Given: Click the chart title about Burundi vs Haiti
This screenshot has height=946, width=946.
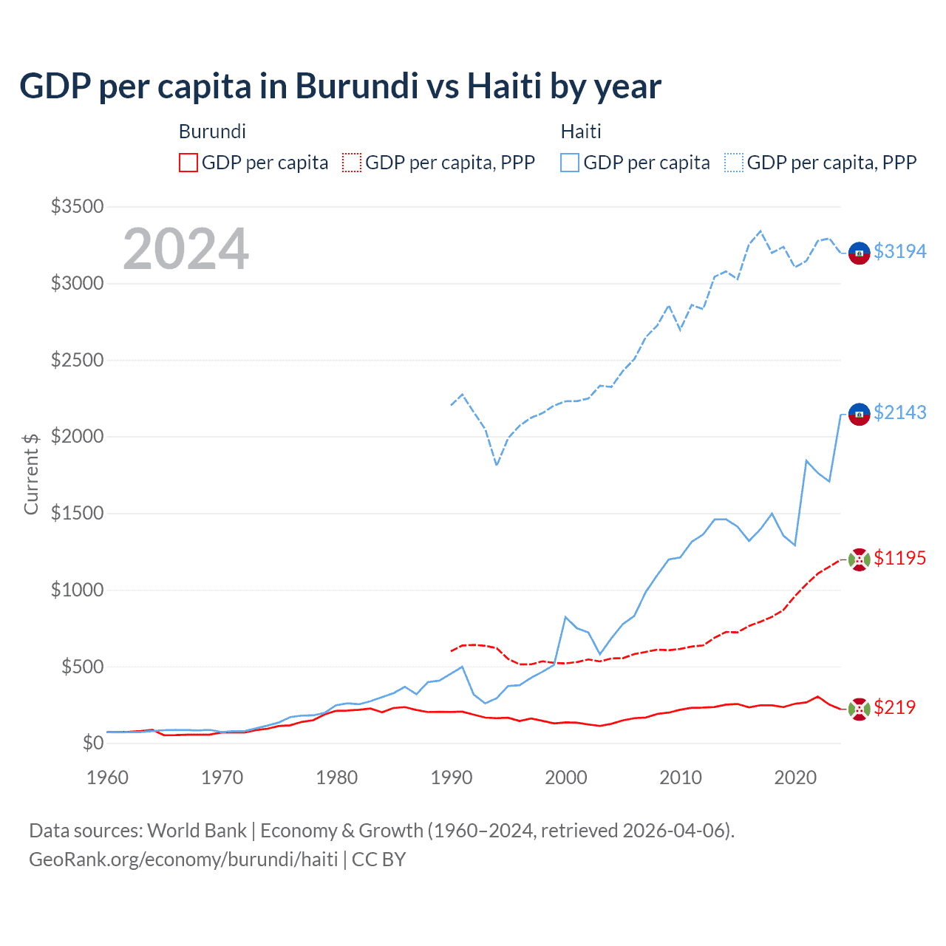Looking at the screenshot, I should click(340, 86).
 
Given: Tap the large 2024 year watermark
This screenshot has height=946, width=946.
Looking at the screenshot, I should click(186, 249).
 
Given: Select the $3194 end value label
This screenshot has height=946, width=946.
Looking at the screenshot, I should click(899, 251).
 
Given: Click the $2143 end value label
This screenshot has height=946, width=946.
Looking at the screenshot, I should click(899, 412).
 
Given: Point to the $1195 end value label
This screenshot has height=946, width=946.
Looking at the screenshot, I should click(899, 558).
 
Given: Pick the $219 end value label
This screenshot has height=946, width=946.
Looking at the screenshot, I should click(894, 707).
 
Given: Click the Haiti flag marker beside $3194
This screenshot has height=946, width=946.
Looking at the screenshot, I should click(859, 253).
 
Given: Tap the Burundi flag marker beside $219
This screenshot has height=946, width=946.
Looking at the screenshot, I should click(859, 709).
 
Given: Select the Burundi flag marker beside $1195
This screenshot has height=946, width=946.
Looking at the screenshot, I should click(859, 559).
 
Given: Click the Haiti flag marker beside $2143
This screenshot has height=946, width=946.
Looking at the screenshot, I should click(859, 414).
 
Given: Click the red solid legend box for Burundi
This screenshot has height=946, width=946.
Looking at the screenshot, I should click(188, 163).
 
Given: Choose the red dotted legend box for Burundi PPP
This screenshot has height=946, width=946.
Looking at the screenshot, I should click(353, 163).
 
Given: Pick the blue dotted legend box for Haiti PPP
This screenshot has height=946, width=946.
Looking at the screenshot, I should click(734, 163).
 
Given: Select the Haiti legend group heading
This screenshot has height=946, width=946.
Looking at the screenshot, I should click(581, 132).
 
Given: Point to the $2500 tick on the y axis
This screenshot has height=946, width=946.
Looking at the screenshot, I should click(77, 360).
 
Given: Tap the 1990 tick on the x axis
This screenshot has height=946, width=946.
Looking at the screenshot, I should click(452, 777).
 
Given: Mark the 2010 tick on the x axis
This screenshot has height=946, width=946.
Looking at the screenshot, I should click(681, 777).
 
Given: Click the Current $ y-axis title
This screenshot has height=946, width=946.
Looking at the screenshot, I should click(31, 474).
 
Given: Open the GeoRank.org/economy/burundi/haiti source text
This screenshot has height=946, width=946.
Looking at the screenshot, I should click(183, 860).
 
